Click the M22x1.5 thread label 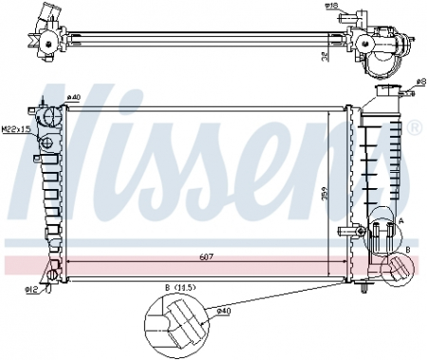(x=15, y=129)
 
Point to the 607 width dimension (x=194, y=256)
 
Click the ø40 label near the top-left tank (x=74, y=96)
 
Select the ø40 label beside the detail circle (x=224, y=311)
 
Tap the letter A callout (x=400, y=219)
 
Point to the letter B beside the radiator (x=407, y=248)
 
